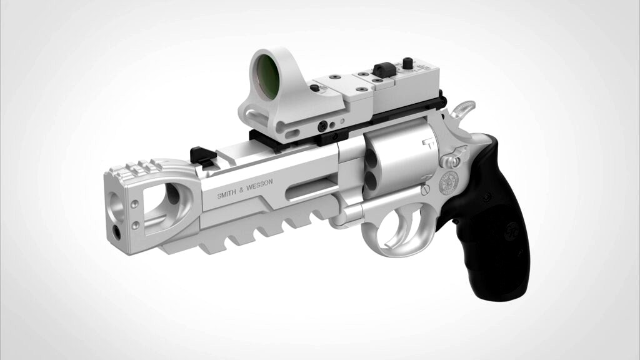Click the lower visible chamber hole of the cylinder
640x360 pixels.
coord(371,182)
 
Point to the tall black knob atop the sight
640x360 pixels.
coord(408,63)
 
